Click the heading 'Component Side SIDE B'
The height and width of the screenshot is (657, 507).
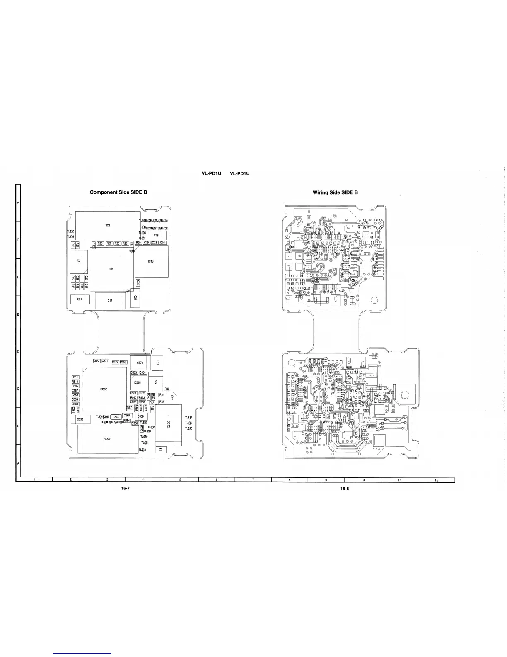pyautogui.click(x=118, y=192)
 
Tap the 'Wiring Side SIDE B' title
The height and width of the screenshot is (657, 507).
pyautogui.click(x=335, y=192)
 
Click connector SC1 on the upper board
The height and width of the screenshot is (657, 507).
pyautogui.click(x=107, y=225)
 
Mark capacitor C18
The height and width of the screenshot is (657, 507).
pyautogui.click(x=156, y=235)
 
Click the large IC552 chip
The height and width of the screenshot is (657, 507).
pyautogui.click(x=104, y=389)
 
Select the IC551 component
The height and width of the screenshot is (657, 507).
pyautogui.click(x=138, y=382)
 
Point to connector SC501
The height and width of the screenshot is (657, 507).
pyautogui.click(x=107, y=439)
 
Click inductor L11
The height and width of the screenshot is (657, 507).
pyautogui.click(x=158, y=363)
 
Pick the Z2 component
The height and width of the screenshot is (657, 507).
pyautogui.click(x=161, y=450)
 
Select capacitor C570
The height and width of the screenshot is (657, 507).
pyautogui.click(x=140, y=363)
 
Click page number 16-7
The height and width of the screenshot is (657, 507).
pyautogui.click(x=126, y=488)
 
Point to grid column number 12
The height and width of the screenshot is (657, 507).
pyautogui.click(x=437, y=480)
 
